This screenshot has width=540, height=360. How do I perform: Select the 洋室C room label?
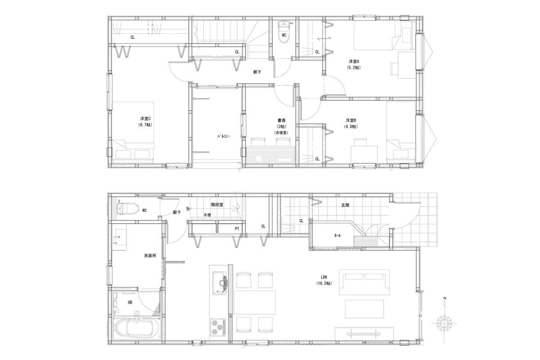tap(145, 119)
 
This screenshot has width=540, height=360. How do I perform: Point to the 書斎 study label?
tap(281, 120)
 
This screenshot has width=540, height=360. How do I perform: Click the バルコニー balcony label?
tap(224, 136)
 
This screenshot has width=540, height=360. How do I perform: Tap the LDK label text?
tap(324, 277)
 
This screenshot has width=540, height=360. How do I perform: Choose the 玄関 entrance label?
tap(345, 205)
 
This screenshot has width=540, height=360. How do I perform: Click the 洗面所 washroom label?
tap(150, 256)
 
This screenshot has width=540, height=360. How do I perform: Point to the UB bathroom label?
tap(130, 302)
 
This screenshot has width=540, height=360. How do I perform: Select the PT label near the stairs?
tap(237, 229)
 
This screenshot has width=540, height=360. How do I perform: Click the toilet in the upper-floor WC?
tap(284, 32)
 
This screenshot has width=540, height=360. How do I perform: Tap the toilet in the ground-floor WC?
tap(127, 208)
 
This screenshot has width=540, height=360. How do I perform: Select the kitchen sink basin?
tap(220, 283)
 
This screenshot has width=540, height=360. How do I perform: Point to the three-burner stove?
tap(218, 328)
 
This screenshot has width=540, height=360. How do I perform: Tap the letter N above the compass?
tap(445, 298)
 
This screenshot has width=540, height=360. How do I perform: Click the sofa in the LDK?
tap(364, 282)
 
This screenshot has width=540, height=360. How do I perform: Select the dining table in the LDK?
tap(255, 302)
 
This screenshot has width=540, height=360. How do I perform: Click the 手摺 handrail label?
tap(207, 215)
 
